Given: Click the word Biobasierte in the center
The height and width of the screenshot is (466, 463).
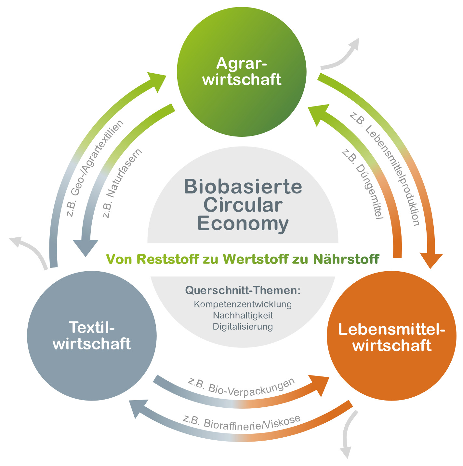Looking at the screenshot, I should (x=243, y=187).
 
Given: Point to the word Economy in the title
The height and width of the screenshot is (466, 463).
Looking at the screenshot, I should (x=243, y=224).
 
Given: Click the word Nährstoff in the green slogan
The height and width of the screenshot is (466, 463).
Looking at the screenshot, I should (x=346, y=259).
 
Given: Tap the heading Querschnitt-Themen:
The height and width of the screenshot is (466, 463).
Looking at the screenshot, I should (x=243, y=290).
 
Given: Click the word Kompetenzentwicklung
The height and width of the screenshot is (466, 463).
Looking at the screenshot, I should (x=243, y=304).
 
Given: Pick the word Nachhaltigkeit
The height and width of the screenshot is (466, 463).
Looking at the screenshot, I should (x=243, y=315).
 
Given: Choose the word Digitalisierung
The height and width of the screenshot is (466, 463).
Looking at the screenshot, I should (x=243, y=326).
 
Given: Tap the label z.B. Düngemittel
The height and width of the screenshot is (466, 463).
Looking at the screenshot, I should (x=363, y=184).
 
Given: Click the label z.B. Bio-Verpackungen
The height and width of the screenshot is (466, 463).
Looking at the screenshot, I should (x=241, y=387).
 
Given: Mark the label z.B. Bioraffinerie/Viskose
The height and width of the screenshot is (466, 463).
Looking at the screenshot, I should (x=241, y=423).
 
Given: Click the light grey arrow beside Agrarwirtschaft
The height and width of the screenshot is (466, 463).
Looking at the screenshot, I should (x=341, y=55).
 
